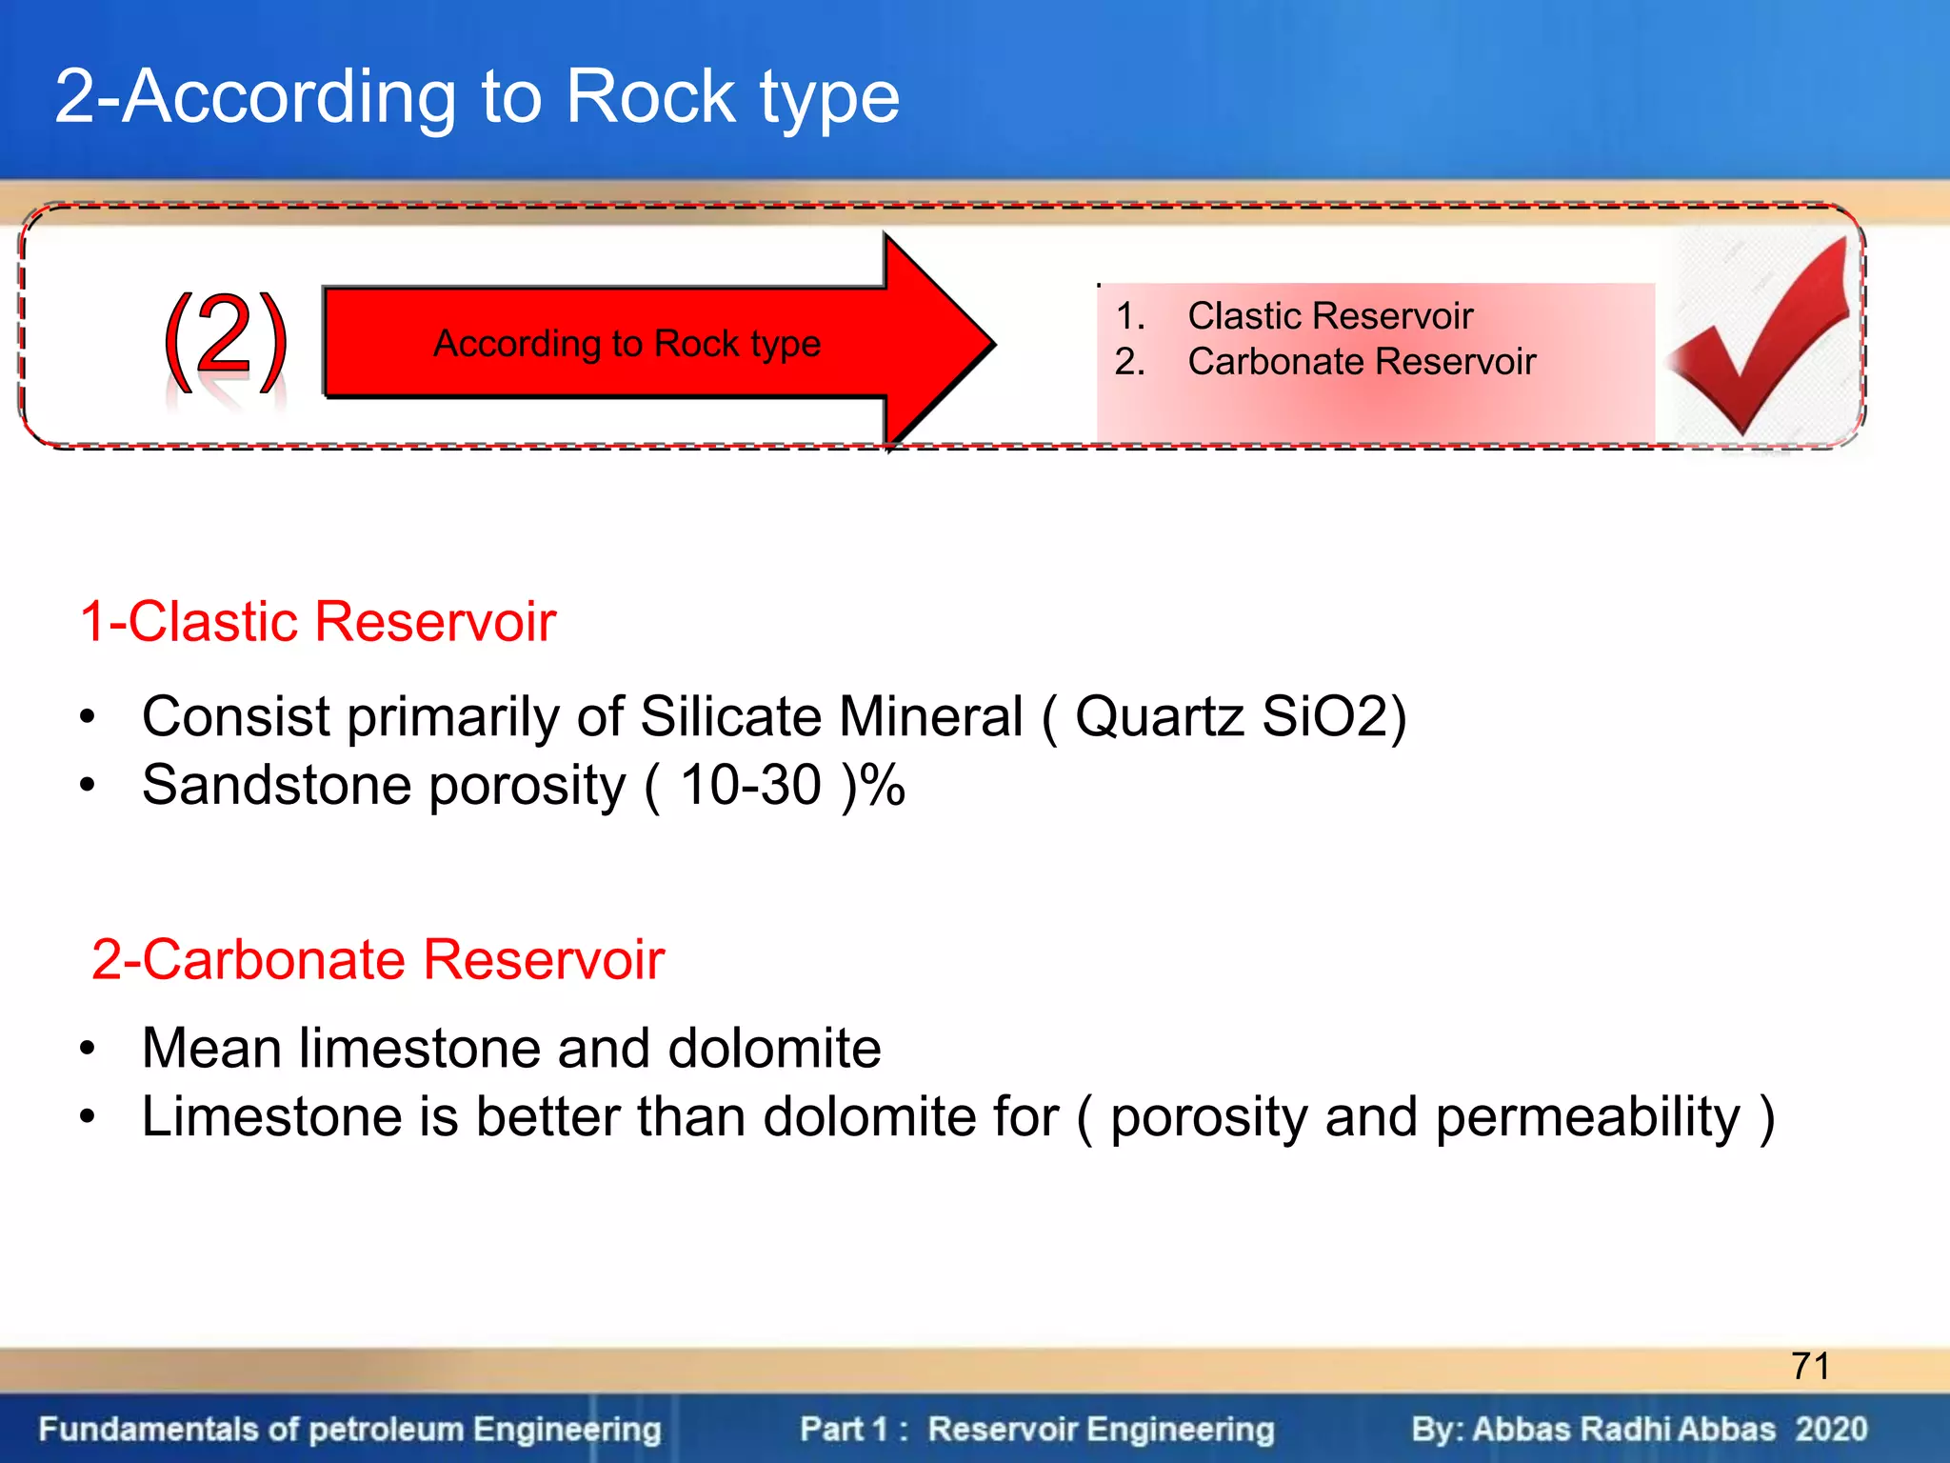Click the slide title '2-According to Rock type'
(x=476, y=97)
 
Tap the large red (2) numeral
(x=225, y=338)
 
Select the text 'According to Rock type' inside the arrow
(x=627, y=343)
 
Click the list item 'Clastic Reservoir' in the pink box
(x=1329, y=316)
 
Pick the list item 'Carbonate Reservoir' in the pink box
(x=1361, y=362)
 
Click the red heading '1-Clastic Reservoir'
(x=318, y=622)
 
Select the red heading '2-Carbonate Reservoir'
(x=377, y=959)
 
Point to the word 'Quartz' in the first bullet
(x=1159, y=716)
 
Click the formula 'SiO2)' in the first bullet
(x=1333, y=716)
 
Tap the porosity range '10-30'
(x=750, y=786)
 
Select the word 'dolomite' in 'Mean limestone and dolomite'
(x=774, y=1048)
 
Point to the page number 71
(x=1809, y=1367)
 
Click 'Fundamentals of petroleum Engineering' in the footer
(x=349, y=1430)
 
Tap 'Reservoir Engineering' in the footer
(x=1101, y=1430)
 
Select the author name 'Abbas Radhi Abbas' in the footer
(x=1623, y=1430)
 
